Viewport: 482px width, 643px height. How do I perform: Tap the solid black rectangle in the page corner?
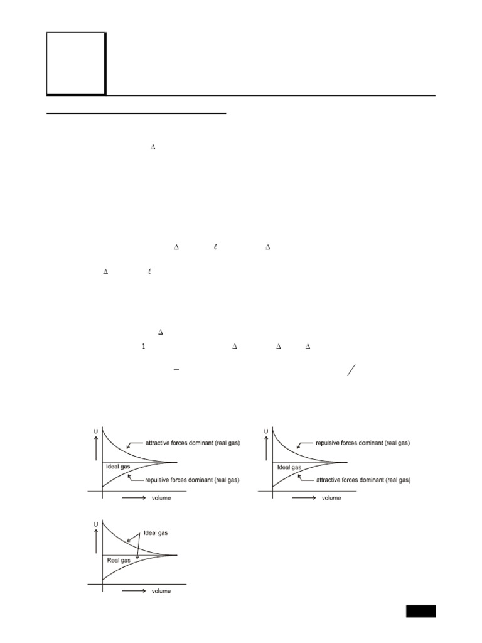(420, 611)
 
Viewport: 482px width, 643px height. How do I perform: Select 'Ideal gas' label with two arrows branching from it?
(156, 533)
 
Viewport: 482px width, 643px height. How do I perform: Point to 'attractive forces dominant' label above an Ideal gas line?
(193, 443)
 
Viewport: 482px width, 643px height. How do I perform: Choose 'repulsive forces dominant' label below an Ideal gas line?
(193, 480)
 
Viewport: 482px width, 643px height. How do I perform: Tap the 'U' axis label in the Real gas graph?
(95, 522)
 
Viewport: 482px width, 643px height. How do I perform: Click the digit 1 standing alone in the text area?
(144, 346)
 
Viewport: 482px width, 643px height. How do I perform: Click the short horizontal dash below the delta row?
(176, 371)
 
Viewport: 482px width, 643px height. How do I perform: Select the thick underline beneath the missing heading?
(136, 114)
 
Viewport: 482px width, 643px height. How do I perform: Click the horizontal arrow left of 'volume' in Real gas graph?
(133, 591)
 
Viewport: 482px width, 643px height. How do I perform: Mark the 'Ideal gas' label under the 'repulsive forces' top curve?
(289, 467)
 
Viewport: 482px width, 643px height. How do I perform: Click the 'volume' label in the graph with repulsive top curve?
(331, 498)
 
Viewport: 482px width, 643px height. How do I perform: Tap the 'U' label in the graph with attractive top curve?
(95, 431)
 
